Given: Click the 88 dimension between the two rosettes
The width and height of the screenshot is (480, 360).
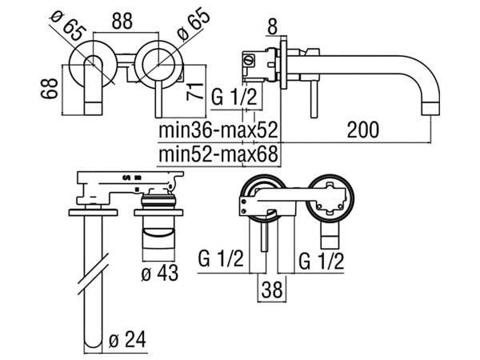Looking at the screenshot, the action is point(122,21).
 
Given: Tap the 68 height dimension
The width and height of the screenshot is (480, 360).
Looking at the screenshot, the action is point(49,89).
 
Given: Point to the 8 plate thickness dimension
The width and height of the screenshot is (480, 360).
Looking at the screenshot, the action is point(272,26).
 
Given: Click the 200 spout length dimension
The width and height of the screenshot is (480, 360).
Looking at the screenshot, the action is point(362,130).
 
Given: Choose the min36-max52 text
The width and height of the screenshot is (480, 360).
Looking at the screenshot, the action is point(218,130).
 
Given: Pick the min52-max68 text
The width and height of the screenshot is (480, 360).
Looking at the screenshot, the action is point(218,154).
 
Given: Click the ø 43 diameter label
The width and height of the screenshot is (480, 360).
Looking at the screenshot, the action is point(159,273).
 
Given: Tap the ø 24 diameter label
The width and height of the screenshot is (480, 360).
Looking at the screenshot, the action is point(127,339).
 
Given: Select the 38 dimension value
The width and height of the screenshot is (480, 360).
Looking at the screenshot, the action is point(272,290).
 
